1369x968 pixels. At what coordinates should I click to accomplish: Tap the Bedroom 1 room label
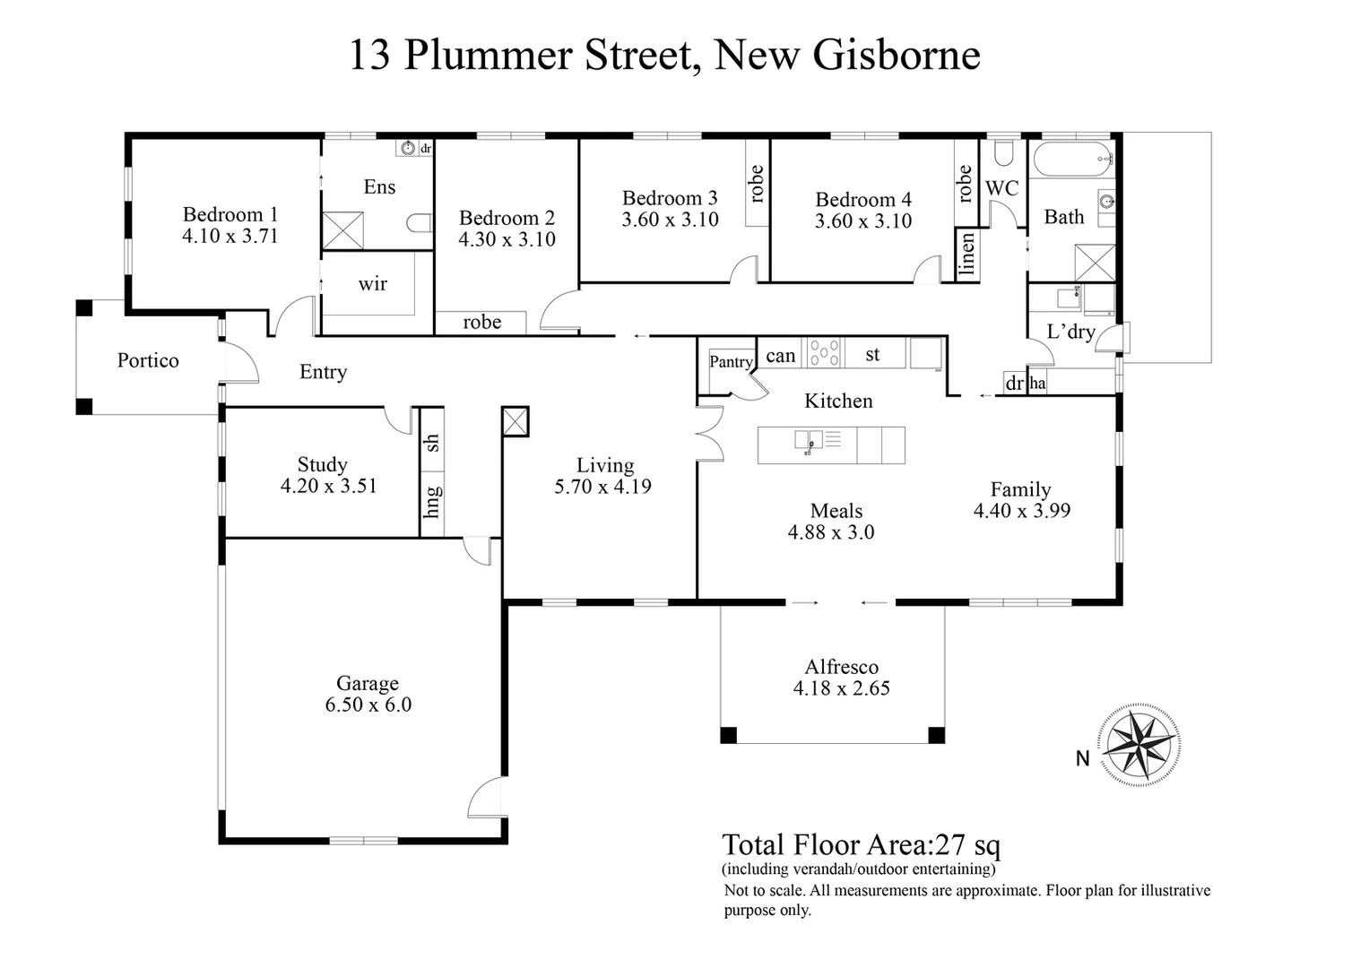(230, 214)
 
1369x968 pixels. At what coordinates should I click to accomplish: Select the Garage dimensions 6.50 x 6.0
(368, 705)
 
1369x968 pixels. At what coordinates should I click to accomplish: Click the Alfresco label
(841, 667)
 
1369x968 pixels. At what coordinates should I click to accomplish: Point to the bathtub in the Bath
(1073, 161)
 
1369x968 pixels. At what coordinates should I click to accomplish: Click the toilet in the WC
(1002, 153)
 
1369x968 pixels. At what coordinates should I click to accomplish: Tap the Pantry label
(731, 362)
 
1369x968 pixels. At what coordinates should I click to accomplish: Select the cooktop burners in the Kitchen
(824, 352)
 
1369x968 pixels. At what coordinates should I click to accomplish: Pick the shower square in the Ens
(342, 230)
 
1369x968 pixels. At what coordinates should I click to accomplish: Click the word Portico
(148, 360)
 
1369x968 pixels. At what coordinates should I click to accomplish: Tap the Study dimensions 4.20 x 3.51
(329, 487)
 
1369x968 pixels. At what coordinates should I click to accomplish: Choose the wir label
(373, 284)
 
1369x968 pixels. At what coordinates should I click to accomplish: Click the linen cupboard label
(966, 255)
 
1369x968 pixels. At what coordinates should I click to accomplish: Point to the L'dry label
(1070, 332)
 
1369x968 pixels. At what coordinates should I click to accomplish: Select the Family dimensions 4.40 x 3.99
(1022, 511)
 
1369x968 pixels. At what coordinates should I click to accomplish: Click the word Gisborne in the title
(896, 55)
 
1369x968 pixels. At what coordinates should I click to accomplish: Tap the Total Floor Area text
(862, 845)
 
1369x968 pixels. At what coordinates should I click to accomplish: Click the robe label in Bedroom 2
(481, 323)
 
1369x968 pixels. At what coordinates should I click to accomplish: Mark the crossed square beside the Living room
(516, 421)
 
